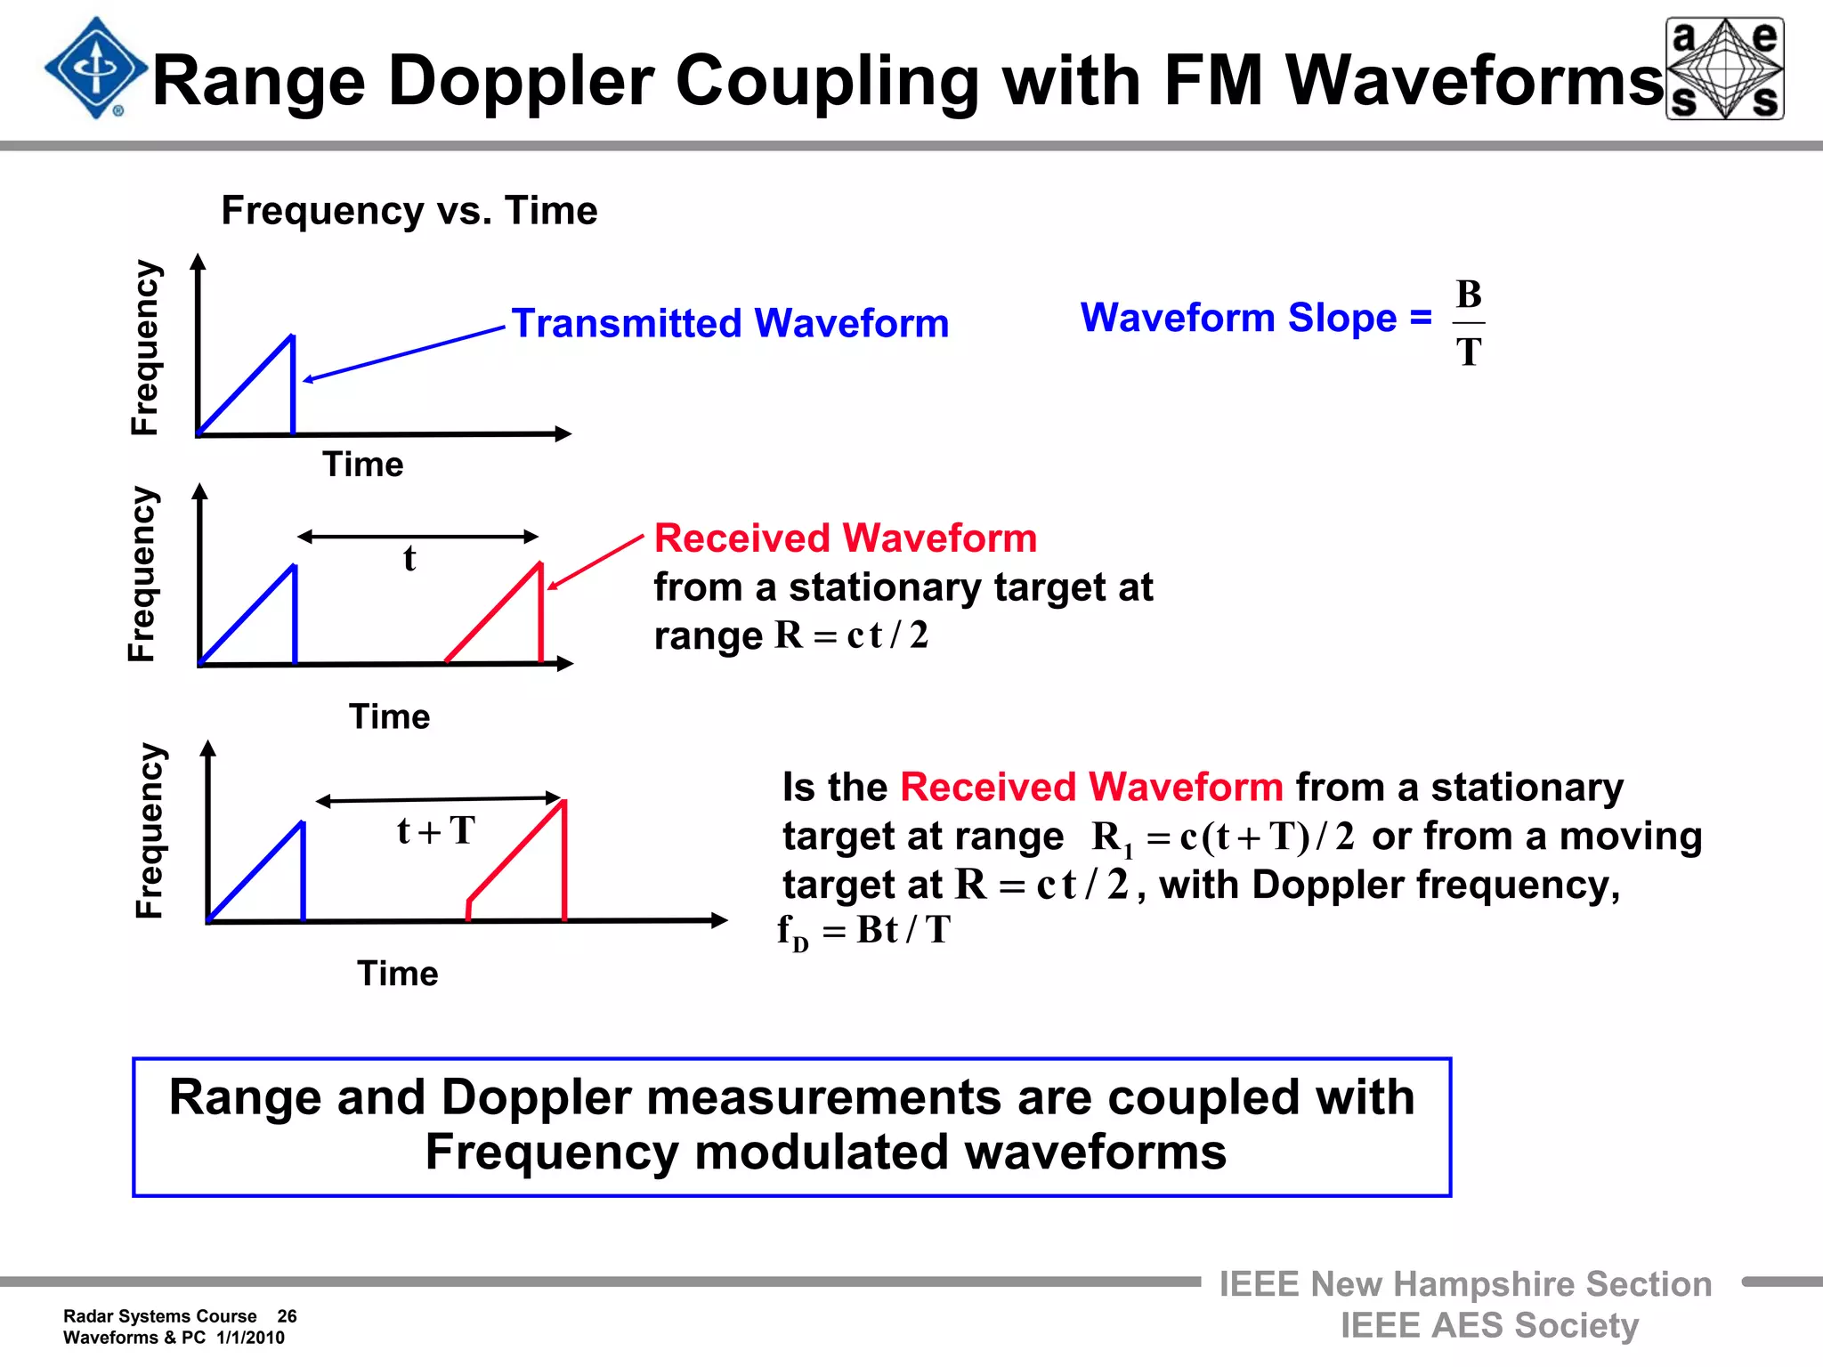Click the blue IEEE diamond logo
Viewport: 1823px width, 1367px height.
(x=95, y=69)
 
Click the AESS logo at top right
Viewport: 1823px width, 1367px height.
(x=1724, y=69)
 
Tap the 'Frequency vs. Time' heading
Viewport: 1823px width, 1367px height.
(x=409, y=211)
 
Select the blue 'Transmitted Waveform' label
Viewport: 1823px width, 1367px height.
(x=730, y=323)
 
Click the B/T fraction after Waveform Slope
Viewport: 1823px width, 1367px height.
(x=1469, y=323)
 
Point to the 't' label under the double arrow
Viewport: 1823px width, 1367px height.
(x=409, y=559)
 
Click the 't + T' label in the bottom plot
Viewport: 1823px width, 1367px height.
(x=436, y=831)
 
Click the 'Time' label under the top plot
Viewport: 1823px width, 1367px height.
(x=362, y=465)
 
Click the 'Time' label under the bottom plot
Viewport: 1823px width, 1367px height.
(x=397, y=974)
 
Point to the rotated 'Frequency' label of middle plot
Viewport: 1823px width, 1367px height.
(x=142, y=574)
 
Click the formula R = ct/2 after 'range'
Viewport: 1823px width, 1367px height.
(x=851, y=635)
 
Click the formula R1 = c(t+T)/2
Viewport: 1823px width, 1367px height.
(x=1222, y=837)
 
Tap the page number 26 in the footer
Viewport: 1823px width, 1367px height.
(x=287, y=1316)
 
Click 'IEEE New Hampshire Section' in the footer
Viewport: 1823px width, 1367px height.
(x=1464, y=1284)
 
